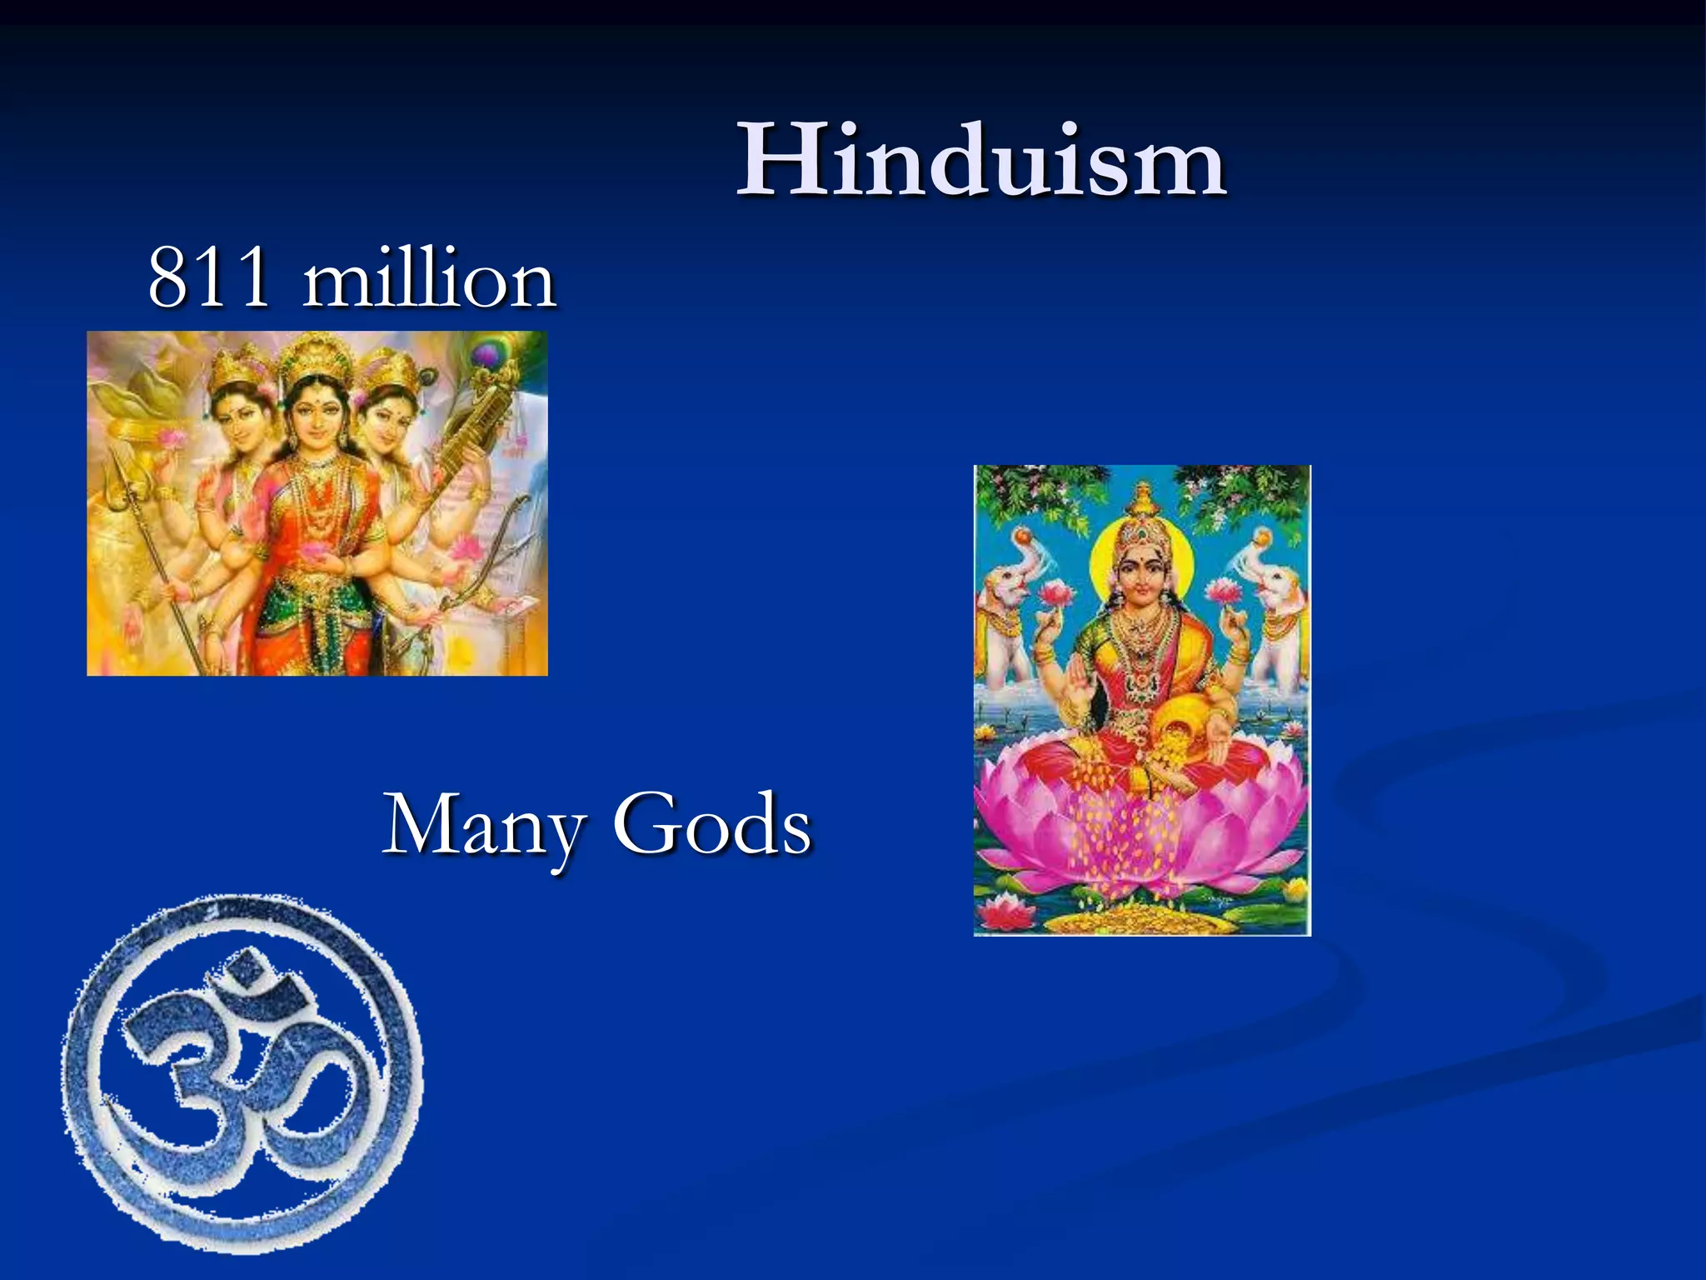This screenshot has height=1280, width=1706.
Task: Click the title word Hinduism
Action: pos(980,160)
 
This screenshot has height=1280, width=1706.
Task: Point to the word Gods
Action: pos(712,825)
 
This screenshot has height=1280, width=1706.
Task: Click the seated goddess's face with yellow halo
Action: pos(1141,575)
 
